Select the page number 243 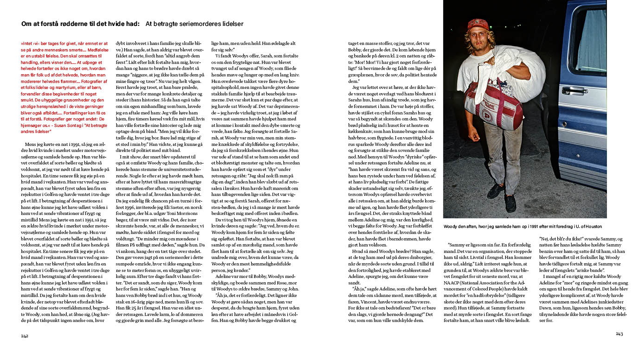[x=619, y=334]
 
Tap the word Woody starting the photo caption [x=450, y=227]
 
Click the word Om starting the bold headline [x=26, y=24]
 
